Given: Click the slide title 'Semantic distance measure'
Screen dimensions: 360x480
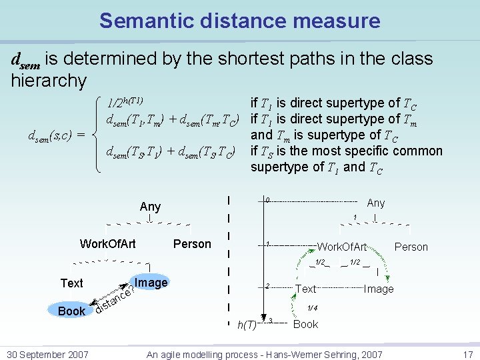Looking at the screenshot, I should pos(240,21).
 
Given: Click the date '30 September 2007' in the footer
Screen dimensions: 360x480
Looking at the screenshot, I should pos(45,354).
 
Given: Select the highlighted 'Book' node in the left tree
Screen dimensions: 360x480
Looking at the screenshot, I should pos(71,311).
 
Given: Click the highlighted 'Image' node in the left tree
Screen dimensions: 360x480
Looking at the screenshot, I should pos(151,283).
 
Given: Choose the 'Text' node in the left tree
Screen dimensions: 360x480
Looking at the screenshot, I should pos(71,283).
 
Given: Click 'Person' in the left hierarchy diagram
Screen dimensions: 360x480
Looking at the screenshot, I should pos(192,244).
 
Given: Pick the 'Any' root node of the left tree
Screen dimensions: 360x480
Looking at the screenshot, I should pos(150,207).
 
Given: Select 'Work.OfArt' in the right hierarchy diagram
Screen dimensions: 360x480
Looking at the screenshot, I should pos(342,247).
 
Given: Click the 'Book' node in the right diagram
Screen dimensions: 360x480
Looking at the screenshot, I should pos(306,325).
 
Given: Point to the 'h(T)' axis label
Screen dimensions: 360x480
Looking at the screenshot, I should pos(247,325).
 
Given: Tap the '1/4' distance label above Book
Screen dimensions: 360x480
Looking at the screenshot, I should pos(312,309).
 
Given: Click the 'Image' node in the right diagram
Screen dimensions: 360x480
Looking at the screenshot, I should pos(379,289).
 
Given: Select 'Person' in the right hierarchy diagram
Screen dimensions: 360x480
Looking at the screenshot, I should pos(411,247).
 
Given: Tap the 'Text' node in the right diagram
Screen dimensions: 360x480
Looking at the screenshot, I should pos(305,289).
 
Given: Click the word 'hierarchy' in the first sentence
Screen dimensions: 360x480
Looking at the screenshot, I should pos(49,81).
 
